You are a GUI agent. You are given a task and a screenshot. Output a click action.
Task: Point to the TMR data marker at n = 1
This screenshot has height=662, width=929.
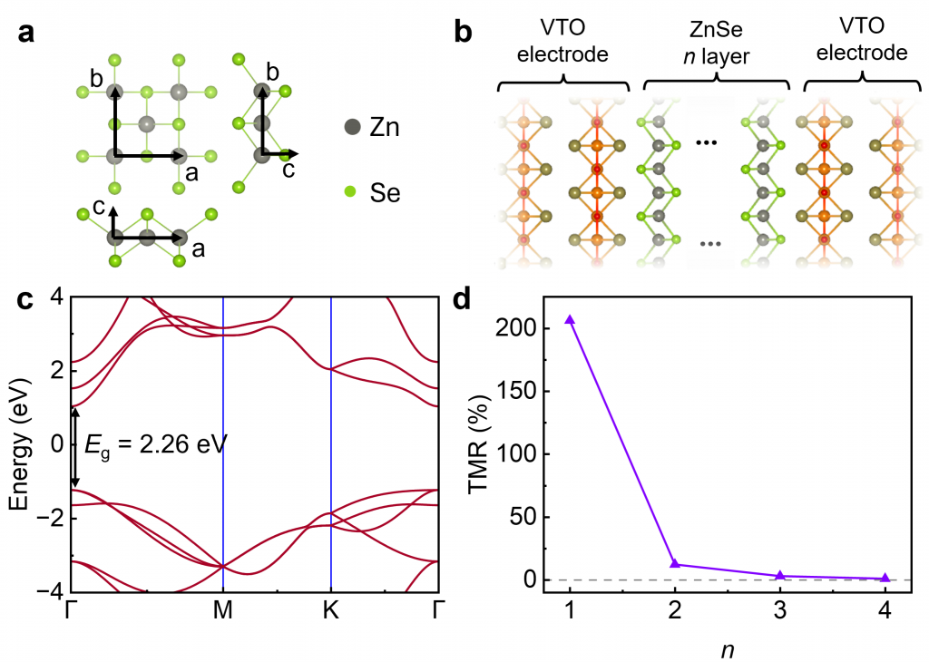point(570,319)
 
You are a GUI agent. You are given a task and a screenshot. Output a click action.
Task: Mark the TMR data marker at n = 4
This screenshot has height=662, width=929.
point(885,577)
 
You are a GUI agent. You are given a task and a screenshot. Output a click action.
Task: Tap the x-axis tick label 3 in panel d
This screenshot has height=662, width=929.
point(780,613)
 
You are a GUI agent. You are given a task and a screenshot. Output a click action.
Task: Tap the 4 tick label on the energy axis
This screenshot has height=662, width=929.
point(54,297)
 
